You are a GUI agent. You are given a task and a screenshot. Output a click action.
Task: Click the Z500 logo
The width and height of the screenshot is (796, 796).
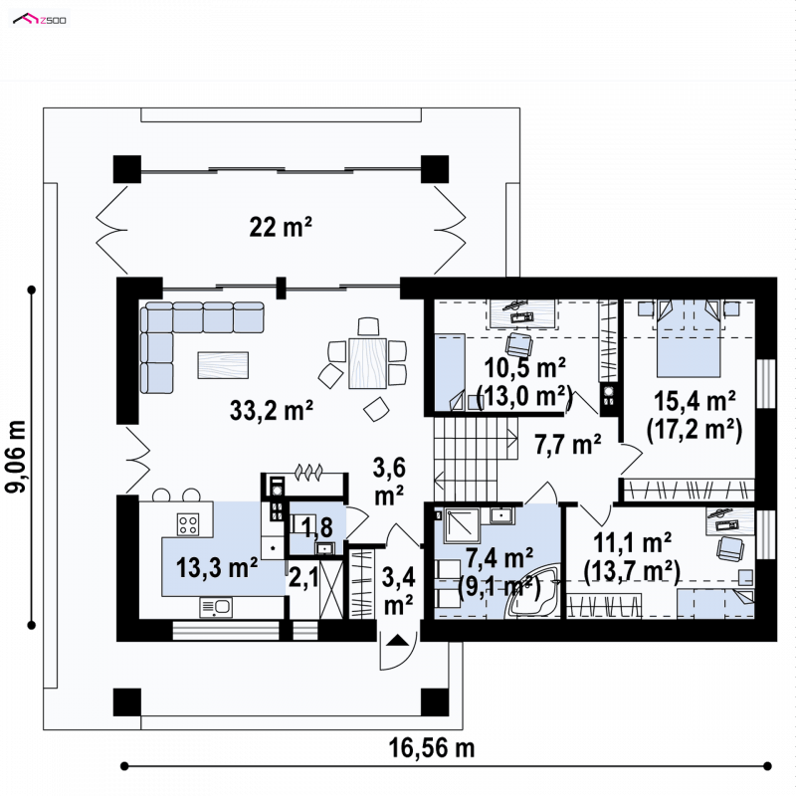[39, 20]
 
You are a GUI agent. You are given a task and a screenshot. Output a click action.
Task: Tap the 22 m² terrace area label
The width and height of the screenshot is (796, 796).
[281, 227]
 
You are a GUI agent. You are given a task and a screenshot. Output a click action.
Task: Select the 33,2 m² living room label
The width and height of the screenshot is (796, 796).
[271, 410]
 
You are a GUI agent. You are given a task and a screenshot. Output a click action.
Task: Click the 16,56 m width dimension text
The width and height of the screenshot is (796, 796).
[432, 748]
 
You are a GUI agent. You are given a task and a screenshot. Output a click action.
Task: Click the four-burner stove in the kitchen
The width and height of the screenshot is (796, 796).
[187, 524]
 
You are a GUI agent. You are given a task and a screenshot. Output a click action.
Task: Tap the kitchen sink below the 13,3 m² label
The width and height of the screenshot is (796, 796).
[216, 607]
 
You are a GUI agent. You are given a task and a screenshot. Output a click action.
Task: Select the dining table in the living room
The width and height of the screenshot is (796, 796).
[367, 363]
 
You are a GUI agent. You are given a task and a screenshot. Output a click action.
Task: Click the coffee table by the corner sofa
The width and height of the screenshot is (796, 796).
[223, 365]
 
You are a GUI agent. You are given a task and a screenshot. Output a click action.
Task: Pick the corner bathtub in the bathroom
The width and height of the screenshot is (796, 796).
[533, 592]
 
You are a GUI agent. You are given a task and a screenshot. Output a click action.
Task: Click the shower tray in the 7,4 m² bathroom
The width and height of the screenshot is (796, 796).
[462, 526]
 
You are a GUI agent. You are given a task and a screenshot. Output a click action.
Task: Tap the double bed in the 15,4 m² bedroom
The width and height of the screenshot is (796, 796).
[689, 337]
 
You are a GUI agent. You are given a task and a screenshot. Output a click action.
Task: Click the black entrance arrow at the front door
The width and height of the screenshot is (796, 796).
[397, 640]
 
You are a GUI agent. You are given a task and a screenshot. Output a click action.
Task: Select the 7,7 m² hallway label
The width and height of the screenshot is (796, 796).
[567, 445]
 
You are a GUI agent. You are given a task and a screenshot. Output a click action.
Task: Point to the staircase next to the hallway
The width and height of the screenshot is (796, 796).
[476, 460]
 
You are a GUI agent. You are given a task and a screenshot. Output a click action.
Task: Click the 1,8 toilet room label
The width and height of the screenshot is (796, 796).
[316, 527]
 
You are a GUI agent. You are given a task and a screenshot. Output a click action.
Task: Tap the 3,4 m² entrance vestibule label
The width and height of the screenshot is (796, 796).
[399, 591]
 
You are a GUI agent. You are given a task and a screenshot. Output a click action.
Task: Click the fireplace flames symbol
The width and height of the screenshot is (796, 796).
[307, 472]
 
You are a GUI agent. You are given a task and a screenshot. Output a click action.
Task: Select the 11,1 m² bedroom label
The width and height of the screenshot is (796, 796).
[632, 543]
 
